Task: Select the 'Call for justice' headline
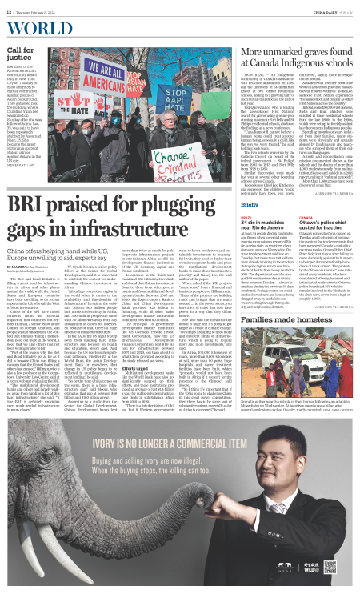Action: tap(19, 54)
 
